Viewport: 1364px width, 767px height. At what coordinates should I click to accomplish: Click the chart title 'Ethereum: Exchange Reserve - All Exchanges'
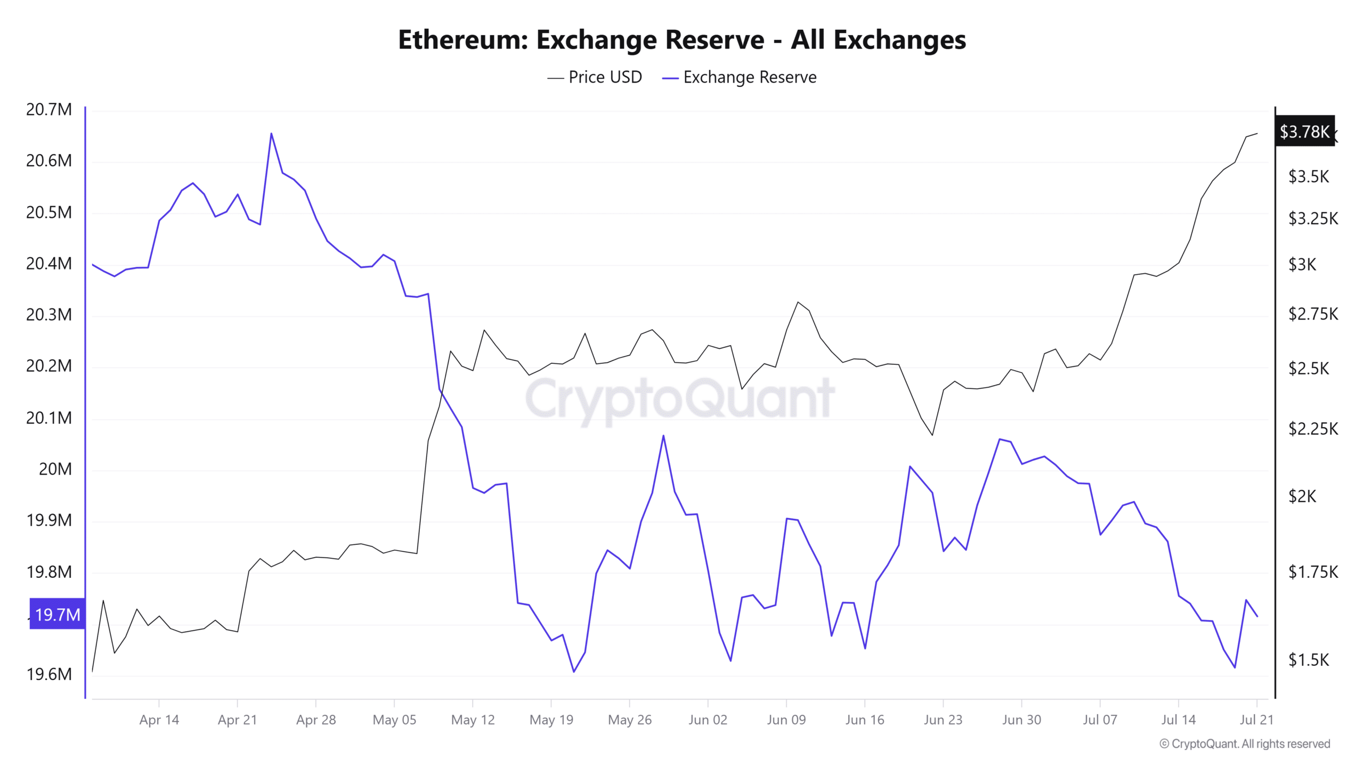point(681,39)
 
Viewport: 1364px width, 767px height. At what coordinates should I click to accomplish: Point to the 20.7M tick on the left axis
point(49,109)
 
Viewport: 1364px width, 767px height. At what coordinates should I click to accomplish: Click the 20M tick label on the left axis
point(55,469)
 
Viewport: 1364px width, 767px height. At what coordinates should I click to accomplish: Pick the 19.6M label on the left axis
point(49,674)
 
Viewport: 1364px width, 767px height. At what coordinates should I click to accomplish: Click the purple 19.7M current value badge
point(57,614)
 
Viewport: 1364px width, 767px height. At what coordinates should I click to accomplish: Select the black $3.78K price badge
point(1304,131)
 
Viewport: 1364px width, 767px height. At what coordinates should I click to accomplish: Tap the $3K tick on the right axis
point(1302,264)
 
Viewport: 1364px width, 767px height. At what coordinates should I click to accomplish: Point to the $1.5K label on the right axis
point(1308,660)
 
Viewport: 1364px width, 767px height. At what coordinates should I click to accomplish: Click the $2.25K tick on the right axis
point(1313,428)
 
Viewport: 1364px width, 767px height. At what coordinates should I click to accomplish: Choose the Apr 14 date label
point(159,720)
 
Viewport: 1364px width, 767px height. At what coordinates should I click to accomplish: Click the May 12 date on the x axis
point(473,720)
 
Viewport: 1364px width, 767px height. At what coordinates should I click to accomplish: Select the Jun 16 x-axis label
point(864,720)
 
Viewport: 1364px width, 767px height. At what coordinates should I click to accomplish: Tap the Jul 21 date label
point(1256,720)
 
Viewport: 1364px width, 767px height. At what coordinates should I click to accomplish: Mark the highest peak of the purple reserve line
point(271,133)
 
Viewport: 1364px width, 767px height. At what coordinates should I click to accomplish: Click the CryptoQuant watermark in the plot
point(680,398)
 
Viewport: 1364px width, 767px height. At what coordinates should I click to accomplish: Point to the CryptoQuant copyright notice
point(1245,744)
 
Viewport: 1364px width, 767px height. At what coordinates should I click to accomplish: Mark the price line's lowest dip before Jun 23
point(932,435)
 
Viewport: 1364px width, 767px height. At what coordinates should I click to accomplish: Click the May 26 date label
point(629,720)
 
